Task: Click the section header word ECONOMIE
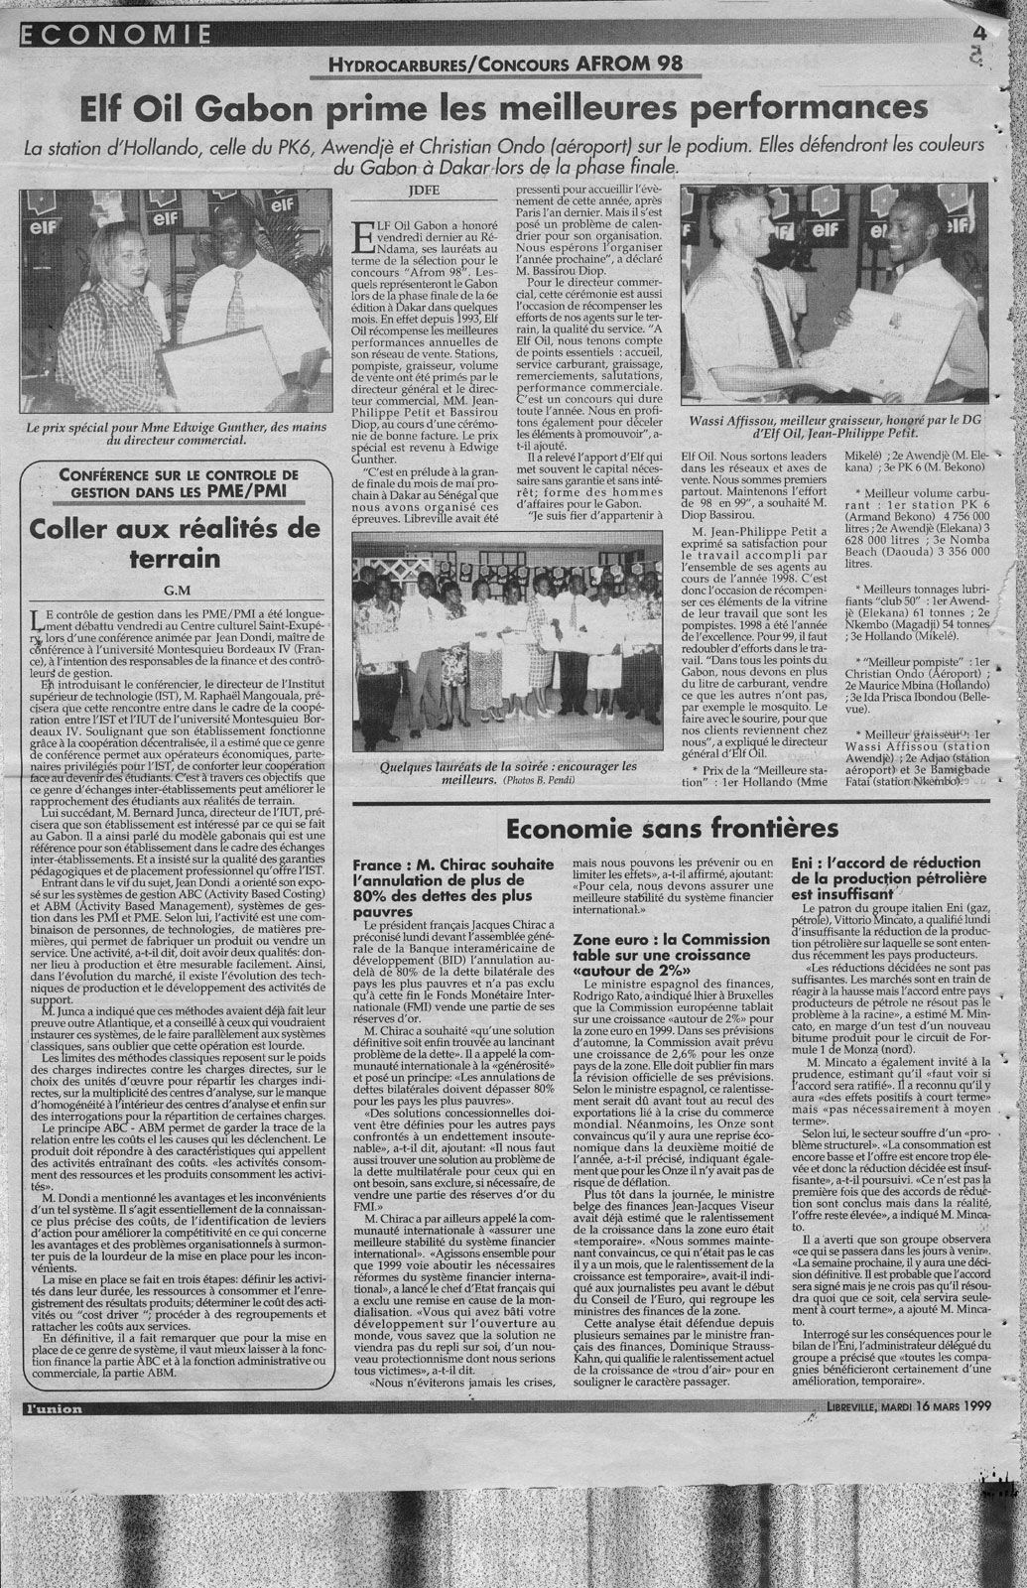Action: point(115,36)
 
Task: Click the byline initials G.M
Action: point(177,591)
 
